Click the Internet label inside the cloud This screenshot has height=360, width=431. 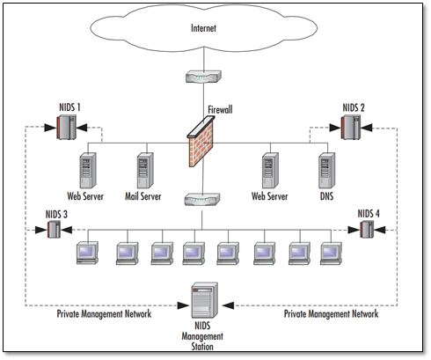coord(203,28)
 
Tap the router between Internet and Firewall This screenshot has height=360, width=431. coord(203,77)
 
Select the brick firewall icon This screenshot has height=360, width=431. coord(201,142)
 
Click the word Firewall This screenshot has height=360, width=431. coord(220,110)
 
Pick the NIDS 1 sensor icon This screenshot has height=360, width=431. coord(66,128)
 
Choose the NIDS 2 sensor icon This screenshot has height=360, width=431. coord(351,128)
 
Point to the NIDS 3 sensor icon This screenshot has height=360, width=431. coord(54,229)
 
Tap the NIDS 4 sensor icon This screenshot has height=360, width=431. coord(367,229)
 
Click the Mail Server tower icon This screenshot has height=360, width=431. coord(145,171)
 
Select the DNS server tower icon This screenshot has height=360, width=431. coord(327,171)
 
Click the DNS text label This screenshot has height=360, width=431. coord(326,196)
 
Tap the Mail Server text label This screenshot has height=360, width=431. coord(143,196)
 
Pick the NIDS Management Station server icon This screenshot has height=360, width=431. coord(205,300)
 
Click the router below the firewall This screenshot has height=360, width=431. coord(202,199)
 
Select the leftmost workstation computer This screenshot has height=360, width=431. coord(87,253)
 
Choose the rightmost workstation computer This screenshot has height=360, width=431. coord(331,253)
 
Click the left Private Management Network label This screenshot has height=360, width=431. coord(104,314)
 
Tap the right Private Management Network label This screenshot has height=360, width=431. coord(332,314)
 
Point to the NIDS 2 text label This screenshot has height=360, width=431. coord(354,108)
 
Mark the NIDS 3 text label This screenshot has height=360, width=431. coord(56,215)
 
